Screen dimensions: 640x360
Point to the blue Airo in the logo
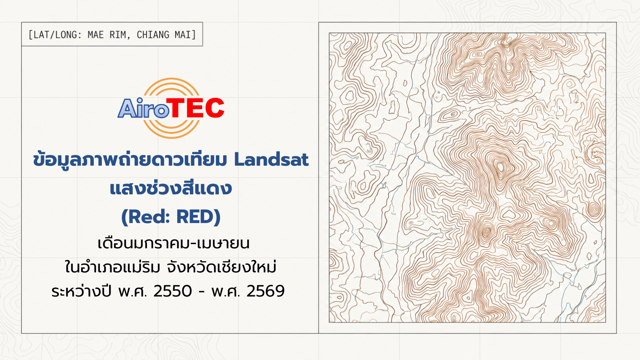(144, 108)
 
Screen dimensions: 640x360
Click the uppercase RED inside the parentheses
(195, 217)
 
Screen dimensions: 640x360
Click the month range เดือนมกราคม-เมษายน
(173, 244)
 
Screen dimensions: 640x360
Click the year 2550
(173, 291)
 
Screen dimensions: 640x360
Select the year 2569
(265, 291)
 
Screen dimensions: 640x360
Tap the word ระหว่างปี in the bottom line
(81, 291)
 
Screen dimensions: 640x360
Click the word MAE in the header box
(95, 35)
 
